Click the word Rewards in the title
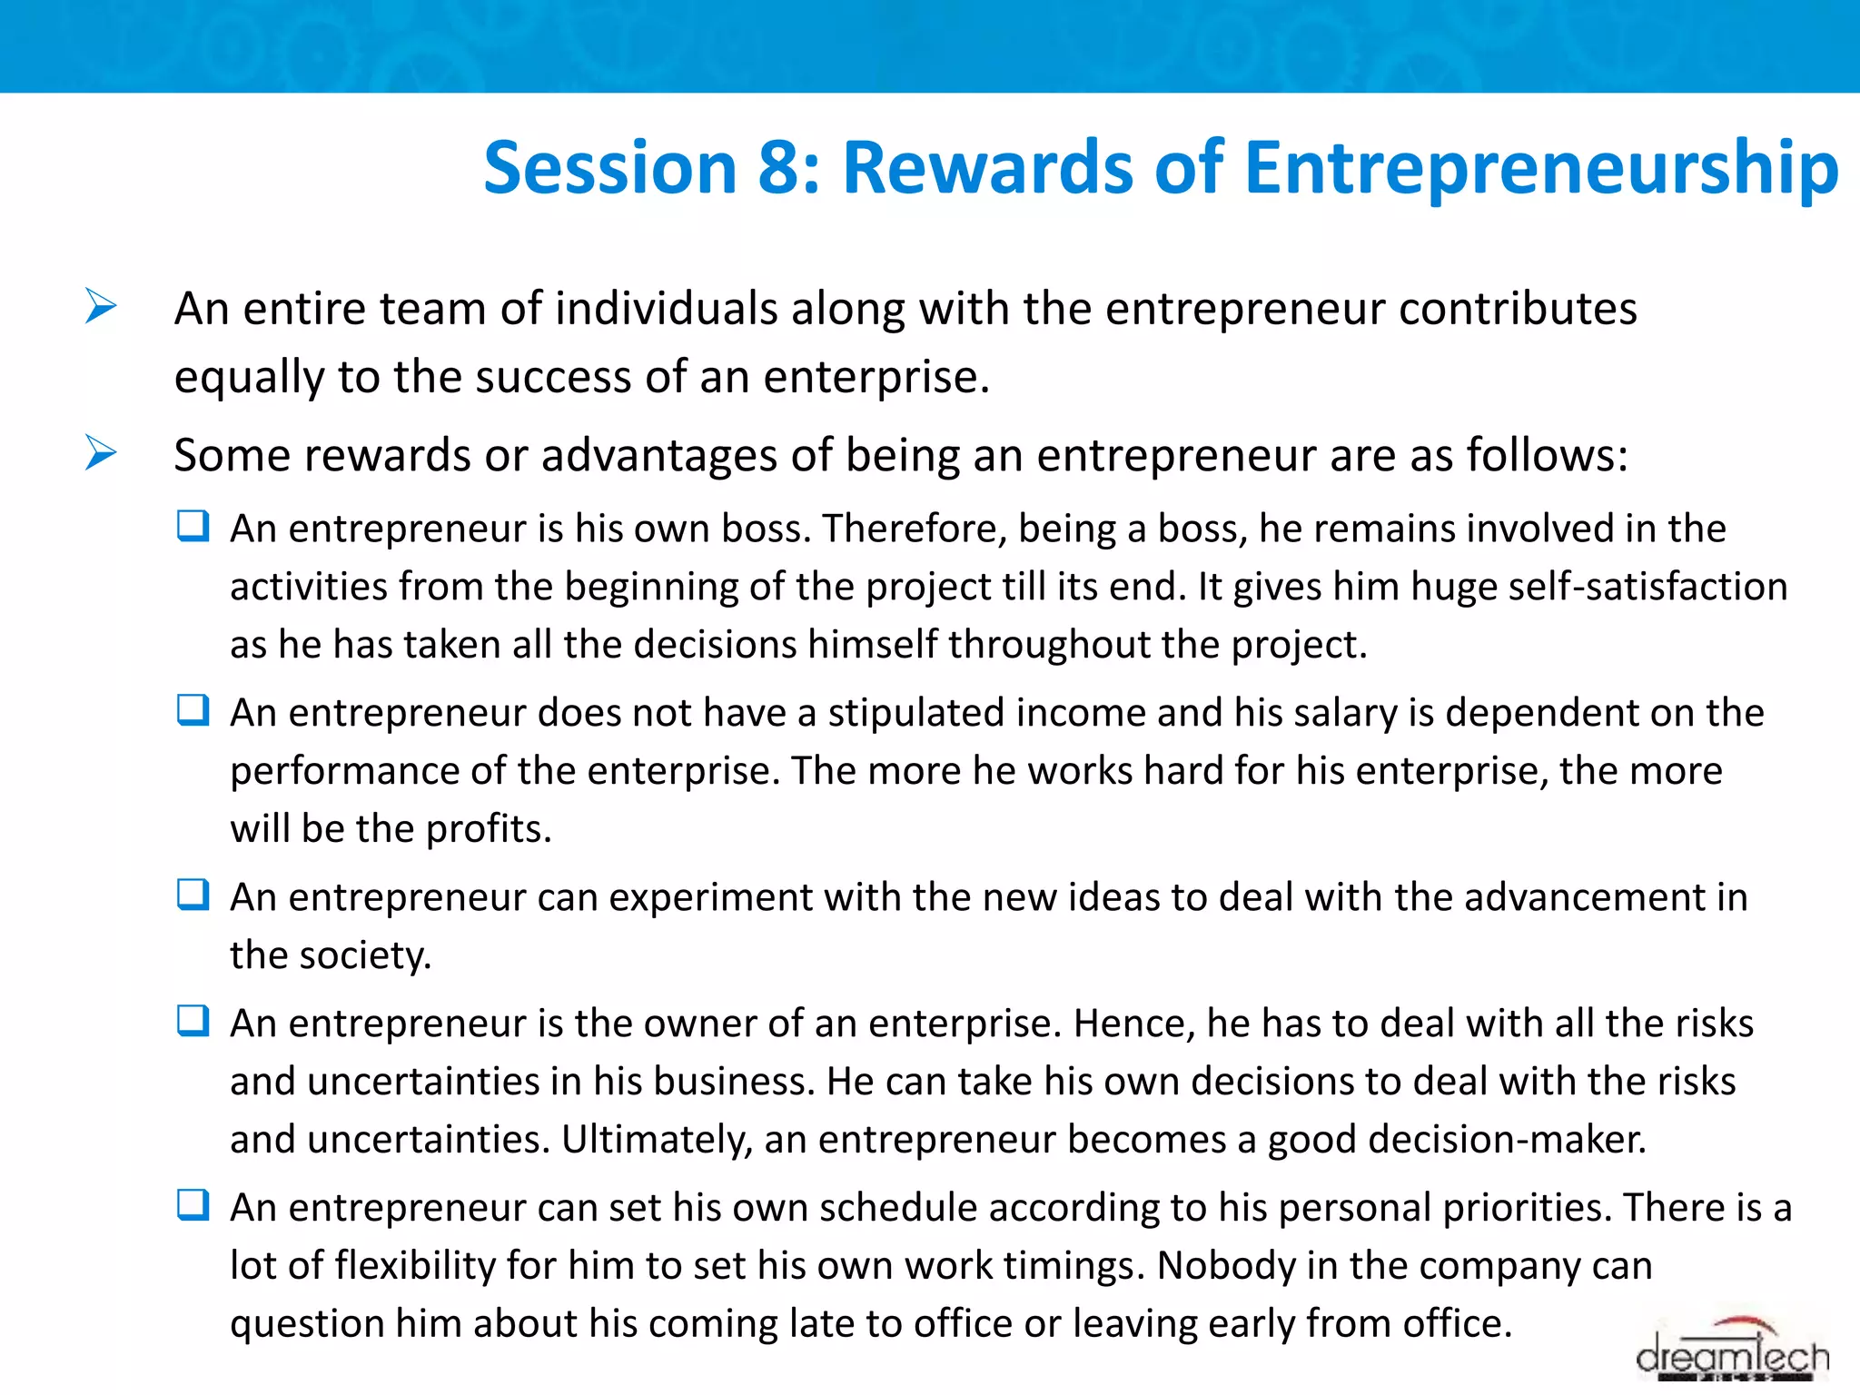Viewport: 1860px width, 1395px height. click(987, 168)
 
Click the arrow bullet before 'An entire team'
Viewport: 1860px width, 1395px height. click(101, 306)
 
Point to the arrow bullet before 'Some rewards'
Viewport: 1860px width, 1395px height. click(101, 452)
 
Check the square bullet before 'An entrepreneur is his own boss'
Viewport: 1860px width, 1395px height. click(193, 526)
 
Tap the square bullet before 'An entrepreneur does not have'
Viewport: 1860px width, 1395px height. click(193, 710)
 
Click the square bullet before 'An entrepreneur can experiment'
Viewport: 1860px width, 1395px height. click(193, 895)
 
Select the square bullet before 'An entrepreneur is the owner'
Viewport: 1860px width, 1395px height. click(193, 1021)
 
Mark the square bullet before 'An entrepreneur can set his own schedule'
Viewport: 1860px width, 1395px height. click(193, 1205)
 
